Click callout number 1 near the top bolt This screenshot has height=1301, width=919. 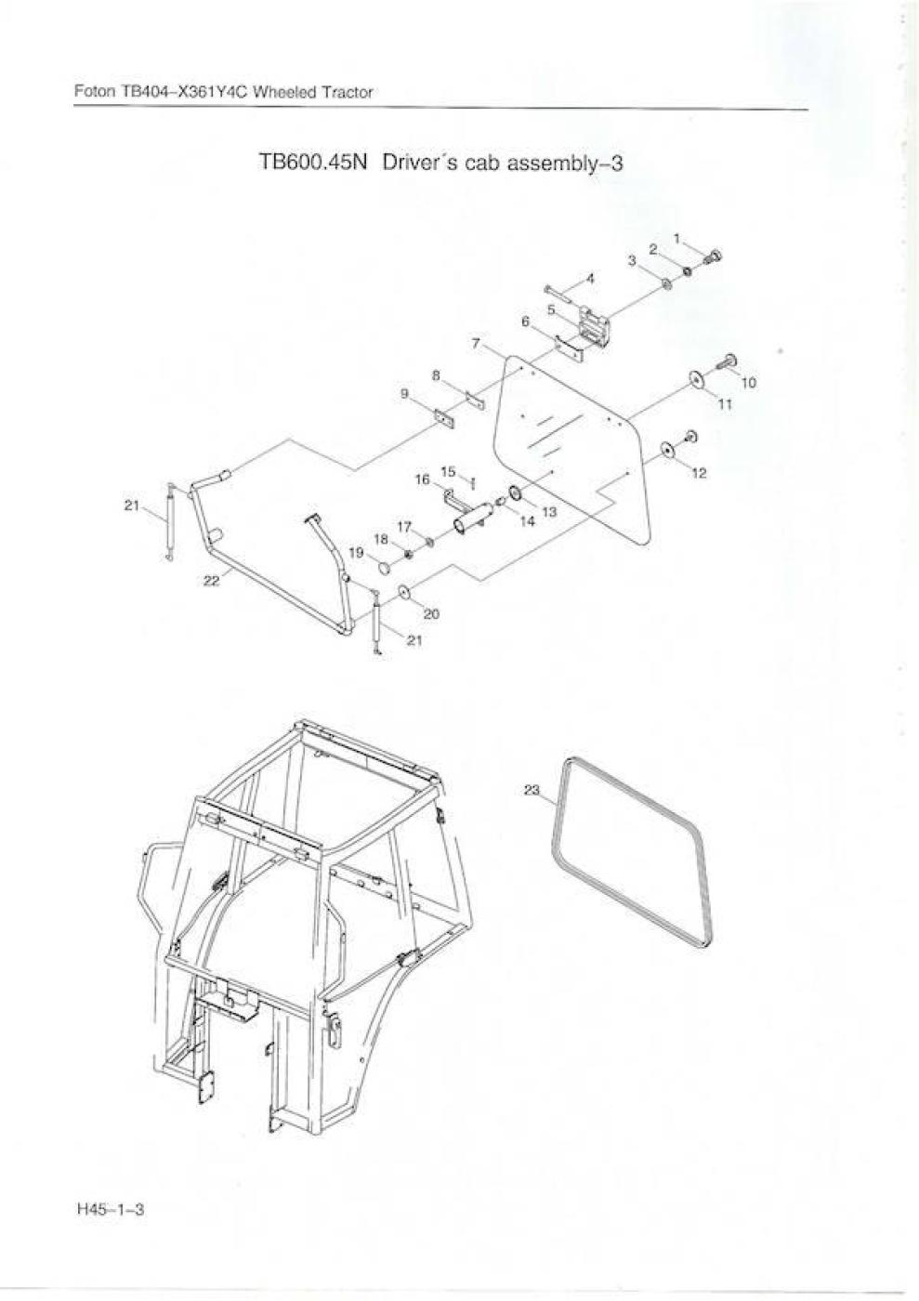pyautogui.click(x=676, y=238)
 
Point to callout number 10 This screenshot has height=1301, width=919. pyautogui.click(x=749, y=383)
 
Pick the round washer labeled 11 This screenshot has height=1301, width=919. pyautogui.click(x=695, y=379)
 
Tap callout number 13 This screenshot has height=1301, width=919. pyautogui.click(x=549, y=512)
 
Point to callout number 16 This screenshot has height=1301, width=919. pyautogui.click(x=423, y=480)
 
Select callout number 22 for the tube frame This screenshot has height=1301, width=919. pyautogui.click(x=212, y=581)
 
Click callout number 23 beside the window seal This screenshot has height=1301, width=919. pyautogui.click(x=532, y=791)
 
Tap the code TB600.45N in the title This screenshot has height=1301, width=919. pyautogui.click(x=312, y=163)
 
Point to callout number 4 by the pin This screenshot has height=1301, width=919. pyautogui.click(x=590, y=279)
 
